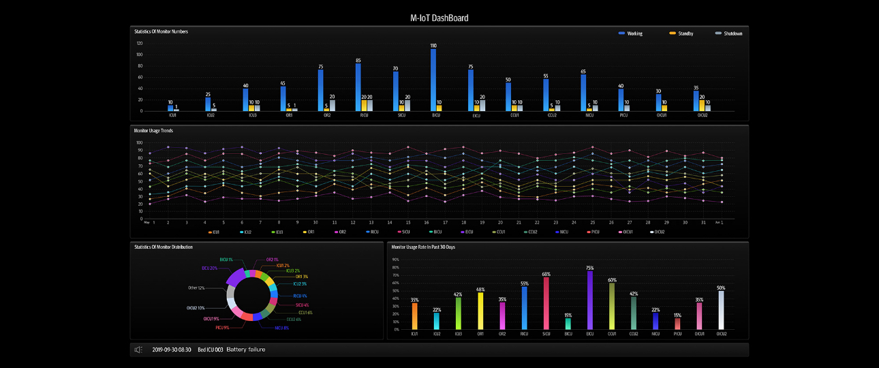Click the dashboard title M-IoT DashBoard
(x=439, y=18)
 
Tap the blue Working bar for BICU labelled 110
(x=433, y=80)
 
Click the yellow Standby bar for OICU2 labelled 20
(x=702, y=105)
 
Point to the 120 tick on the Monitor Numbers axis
(x=139, y=43)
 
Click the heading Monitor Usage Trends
(x=154, y=129)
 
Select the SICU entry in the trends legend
(x=403, y=232)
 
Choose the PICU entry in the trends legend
(x=592, y=232)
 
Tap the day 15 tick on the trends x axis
(x=407, y=222)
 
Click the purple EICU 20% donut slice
(x=234, y=279)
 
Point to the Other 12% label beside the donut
(x=196, y=288)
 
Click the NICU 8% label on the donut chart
(x=281, y=328)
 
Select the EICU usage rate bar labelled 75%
(x=589, y=301)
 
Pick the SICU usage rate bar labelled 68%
(x=546, y=303)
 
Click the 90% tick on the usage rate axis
(x=395, y=260)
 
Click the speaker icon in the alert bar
(x=138, y=350)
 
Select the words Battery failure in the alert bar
(x=245, y=350)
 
